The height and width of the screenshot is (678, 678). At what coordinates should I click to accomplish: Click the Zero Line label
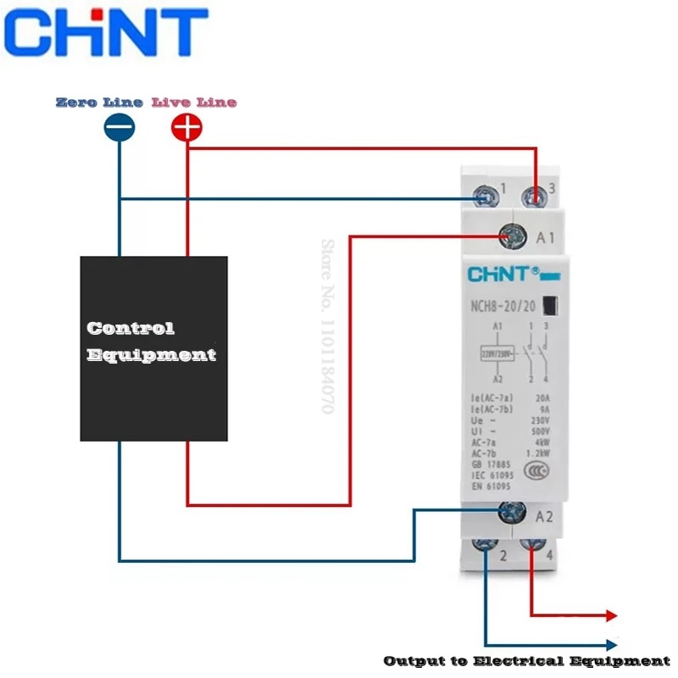pyautogui.click(x=99, y=103)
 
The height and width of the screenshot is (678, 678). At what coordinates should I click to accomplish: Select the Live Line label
pyautogui.click(x=194, y=103)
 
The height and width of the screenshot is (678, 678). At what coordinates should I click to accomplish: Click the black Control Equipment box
pyautogui.click(x=153, y=348)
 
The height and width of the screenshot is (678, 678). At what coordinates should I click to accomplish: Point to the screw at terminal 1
pyautogui.click(x=486, y=198)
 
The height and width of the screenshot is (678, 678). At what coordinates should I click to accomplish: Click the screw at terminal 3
pyautogui.click(x=535, y=197)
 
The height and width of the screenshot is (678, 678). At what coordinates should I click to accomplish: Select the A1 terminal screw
pyautogui.click(x=512, y=236)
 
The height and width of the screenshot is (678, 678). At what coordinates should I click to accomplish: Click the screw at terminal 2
pyautogui.click(x=485, y=548)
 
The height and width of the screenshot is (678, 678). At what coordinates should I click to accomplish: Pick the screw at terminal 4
pyautogui.click(x=531, y=548)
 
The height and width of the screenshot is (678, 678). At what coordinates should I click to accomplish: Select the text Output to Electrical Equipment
pyautogui.click(x=526, y=660)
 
